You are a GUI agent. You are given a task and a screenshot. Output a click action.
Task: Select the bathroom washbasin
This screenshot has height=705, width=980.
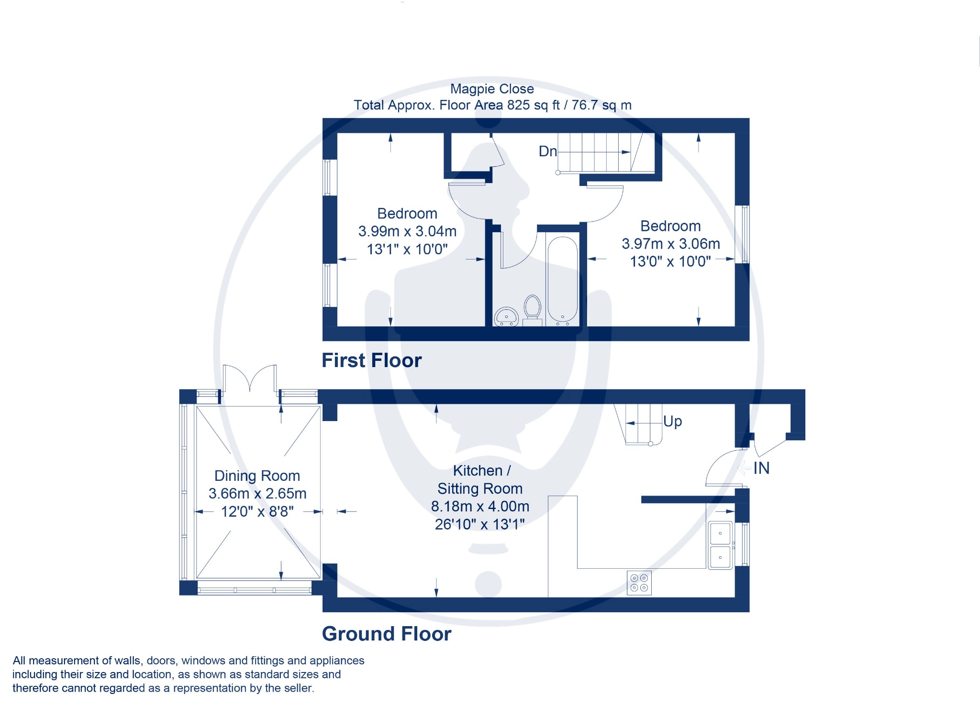(506, 316)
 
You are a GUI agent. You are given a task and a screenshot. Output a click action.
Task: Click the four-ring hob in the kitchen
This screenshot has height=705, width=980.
(639, 583)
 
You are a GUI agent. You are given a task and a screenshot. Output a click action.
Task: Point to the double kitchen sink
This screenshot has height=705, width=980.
(720, 545)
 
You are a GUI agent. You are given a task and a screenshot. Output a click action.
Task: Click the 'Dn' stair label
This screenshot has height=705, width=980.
(548, 152)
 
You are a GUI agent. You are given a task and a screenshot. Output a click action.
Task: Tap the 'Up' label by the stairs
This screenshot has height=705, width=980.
(672, 422)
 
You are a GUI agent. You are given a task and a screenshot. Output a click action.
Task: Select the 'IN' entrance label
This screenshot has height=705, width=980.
(761, 468)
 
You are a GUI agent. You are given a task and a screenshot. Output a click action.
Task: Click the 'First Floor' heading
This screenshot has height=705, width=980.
(372, 360)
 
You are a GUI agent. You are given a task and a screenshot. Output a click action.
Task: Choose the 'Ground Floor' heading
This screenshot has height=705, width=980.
(387, 634)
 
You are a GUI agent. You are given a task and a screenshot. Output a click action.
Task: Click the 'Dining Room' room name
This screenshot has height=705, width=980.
(257, 476)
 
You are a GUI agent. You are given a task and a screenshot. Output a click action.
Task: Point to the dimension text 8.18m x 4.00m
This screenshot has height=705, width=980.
(480, 506)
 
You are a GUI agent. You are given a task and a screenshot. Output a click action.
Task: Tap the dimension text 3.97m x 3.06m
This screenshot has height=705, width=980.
(671, 244)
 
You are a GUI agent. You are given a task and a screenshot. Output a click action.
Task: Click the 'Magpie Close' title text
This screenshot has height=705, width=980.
(492, 89)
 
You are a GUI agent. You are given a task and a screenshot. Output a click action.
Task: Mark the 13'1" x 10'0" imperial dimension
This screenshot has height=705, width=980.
(407, 249)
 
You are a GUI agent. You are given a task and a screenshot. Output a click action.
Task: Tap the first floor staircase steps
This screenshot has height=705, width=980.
(600, 152)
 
